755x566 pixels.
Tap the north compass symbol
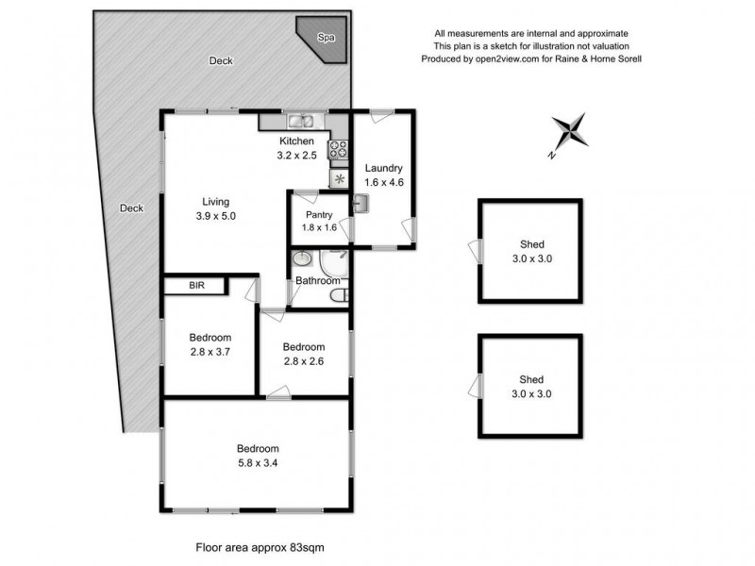pyautogui.click(x=568, y=131)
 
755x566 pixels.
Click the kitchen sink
pyautogui.click(x=303, y=120)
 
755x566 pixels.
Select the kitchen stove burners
pyautogui.click(x=338, y=149)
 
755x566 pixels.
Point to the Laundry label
pyautogui.click(x=383, y=168)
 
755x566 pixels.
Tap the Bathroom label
pyautogui.click(x=317, y=280)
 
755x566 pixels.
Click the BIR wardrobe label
pyautogui.click(x=196, y=285)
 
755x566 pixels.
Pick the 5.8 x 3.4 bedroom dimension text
pyautogui.click(x=257, y=463)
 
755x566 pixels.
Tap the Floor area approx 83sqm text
pyautogui.click(x=260, y=545)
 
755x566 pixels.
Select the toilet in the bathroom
pyautogui.click(x=339, y=298)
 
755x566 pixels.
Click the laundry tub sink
pyautogui.click(x=359, y=203)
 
